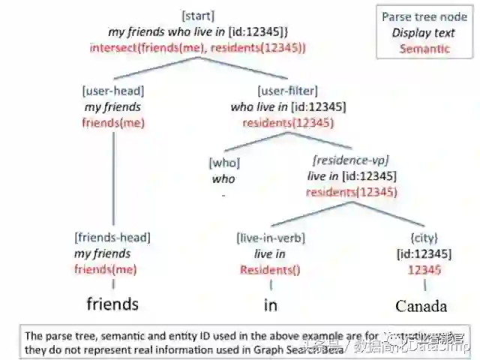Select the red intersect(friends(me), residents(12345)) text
(198, 46)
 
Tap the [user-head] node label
(112, 91)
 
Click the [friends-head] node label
(112, 237)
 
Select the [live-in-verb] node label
(271, 237)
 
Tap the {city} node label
(425, 237)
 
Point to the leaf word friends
(112, 304)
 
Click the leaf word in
(270, 305)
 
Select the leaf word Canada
(421, 305)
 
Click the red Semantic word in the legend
(424, 48)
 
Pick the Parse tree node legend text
(424, 16)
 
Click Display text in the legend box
(424, 32)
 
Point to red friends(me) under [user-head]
(112, 123)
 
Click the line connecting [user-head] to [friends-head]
(112, 180)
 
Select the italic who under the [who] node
(223, 178)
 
